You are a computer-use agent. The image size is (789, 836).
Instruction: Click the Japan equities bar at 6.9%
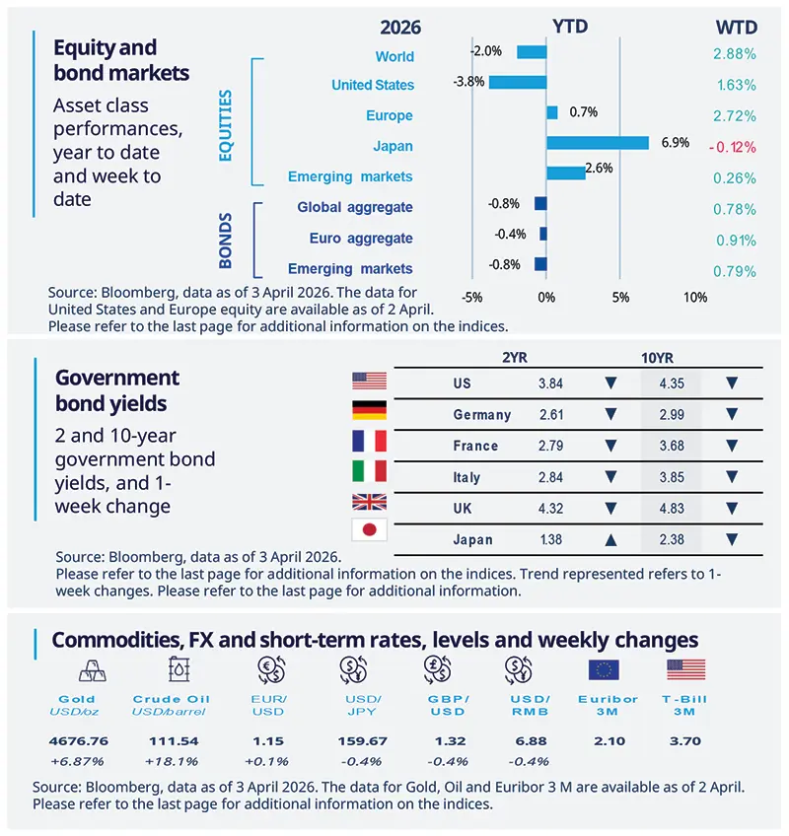click(598, 143)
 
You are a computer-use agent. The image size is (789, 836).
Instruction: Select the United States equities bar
click(518, 82)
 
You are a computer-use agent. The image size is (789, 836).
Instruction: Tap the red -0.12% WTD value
click(731, 147)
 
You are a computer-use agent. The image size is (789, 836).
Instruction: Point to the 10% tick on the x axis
click(694, 298)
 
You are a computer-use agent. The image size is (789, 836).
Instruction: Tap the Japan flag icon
click(369, 530)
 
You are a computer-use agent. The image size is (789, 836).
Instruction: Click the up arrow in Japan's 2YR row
click(610, 539)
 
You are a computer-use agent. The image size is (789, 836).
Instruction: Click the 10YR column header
click(655, 358)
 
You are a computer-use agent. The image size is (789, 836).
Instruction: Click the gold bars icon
click(86, 670)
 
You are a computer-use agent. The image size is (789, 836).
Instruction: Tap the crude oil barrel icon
click(179, 670)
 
